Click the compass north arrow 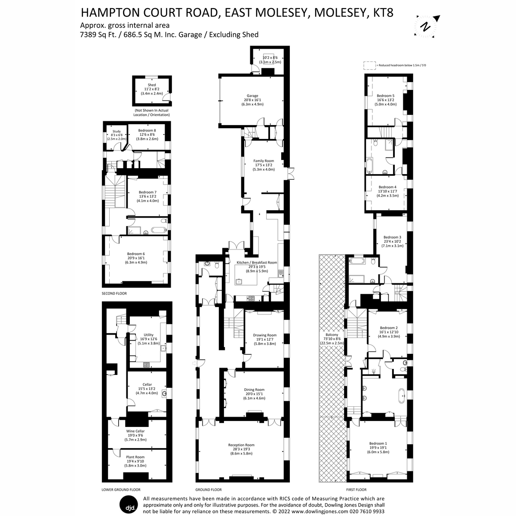click(x=427, y=26)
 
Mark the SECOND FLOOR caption click(x=114, y=293)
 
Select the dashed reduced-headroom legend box click(x=369, y=65)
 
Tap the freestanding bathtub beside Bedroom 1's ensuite click(x=401, y=395)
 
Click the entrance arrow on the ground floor click(x=194, y=363)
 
